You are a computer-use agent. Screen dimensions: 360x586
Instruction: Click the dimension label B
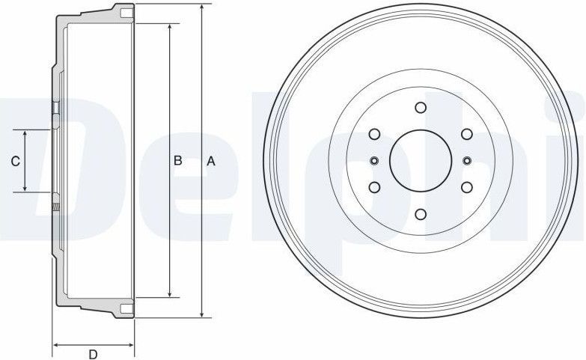pos(178,160)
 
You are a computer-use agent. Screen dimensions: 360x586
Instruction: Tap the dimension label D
pos(93,354)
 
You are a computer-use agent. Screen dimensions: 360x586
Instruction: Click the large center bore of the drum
pos(420,160)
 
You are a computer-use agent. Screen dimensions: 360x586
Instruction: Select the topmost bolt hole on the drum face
pos(420,107)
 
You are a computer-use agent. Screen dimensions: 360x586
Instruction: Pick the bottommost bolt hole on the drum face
pos(420,213)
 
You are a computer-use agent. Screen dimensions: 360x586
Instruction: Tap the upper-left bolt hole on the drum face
pos(374,134)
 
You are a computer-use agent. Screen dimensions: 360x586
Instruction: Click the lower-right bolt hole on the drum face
pos(466,187)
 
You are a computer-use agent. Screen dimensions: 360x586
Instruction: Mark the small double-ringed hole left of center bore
pos(374,160)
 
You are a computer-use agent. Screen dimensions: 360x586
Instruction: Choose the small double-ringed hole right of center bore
pos(466,160)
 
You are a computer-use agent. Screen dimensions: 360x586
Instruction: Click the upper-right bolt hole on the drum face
pos(466,134)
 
